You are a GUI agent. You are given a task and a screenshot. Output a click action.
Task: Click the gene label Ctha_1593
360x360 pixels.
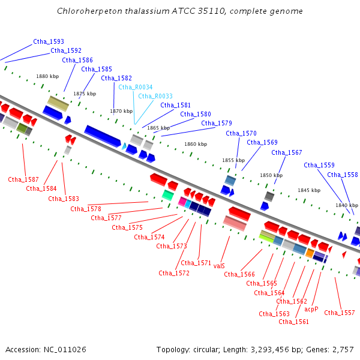pos(49,41)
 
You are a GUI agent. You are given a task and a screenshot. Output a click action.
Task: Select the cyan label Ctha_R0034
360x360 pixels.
pos(135,87)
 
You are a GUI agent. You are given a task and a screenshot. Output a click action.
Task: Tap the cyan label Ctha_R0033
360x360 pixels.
pos(155,96)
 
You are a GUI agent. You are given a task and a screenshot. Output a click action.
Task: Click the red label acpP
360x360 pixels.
pos(311,309)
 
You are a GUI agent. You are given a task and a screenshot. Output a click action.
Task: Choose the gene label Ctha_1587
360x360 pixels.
pos(23,179)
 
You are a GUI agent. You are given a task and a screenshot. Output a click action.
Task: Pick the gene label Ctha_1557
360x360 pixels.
pos(339,313)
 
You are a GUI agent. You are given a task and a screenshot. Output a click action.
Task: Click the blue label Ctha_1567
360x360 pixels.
pos(287,152)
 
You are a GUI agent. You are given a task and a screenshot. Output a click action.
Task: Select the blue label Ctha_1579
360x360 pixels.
pos(217,124)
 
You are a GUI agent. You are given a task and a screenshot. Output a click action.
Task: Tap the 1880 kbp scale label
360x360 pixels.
pos(47,76)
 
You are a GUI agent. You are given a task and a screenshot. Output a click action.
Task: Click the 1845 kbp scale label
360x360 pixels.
pos(309,190)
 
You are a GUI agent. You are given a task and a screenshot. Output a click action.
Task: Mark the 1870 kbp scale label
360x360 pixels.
pos(121,111)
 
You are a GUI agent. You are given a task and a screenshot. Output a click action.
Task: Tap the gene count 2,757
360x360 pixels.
pos(343,350)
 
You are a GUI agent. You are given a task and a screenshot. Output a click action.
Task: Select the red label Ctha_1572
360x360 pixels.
pos(174,273)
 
